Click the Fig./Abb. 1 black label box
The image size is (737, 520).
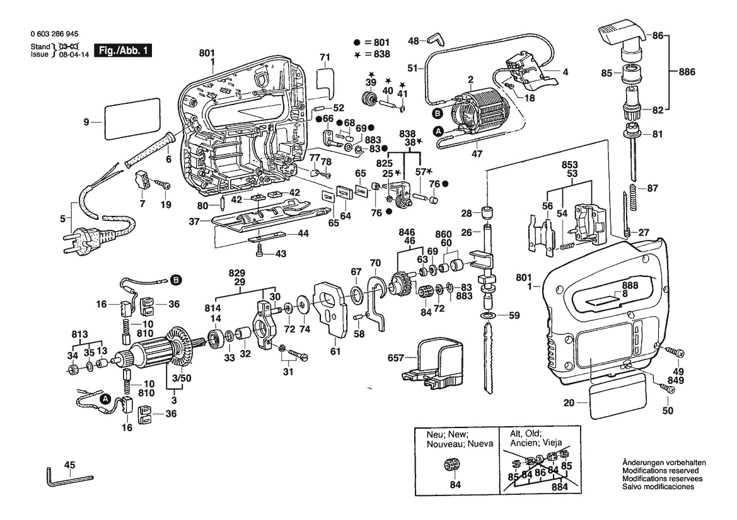tap(123, 50)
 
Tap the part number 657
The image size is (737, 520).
tap(395, 357)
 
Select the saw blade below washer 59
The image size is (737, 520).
tap(489, 355)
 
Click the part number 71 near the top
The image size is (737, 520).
tap(325, 57)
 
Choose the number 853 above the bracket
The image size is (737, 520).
tap(570, 165)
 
